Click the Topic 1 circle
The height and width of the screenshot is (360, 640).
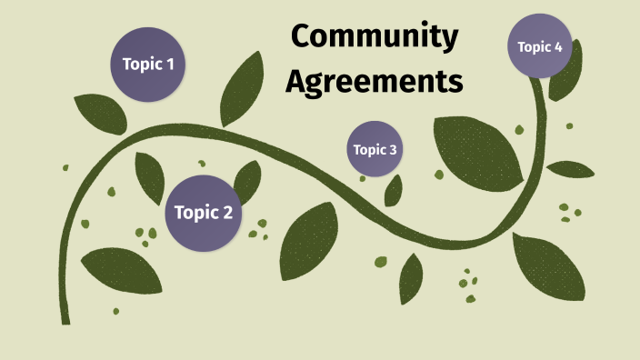point(147,64)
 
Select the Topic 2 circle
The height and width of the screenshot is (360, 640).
point(203,213)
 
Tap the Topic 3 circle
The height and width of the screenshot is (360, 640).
point(375,149)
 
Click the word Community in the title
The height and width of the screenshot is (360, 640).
point(375,37)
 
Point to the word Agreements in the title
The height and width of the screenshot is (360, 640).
point(375,81)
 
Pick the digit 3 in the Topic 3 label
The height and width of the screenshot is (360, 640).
point(393,150)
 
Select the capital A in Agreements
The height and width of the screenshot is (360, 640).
point(296,80)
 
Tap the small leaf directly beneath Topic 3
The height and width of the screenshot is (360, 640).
point(394,189)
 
